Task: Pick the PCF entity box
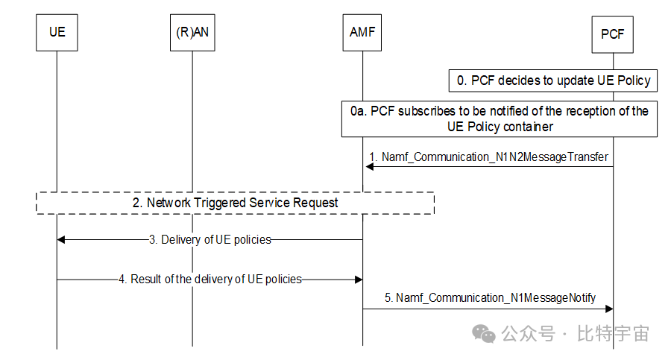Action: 612,34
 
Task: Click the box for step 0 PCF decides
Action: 553,80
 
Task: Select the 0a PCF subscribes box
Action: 500,119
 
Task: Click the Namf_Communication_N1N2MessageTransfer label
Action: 489,157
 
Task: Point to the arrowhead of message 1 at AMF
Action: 369,166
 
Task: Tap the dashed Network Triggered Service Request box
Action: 235,203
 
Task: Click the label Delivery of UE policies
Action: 210,239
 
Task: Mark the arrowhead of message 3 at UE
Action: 62,239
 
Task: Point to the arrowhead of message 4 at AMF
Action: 358,279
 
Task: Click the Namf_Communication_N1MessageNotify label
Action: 490,297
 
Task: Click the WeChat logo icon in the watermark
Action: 486,333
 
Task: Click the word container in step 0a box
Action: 529,127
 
